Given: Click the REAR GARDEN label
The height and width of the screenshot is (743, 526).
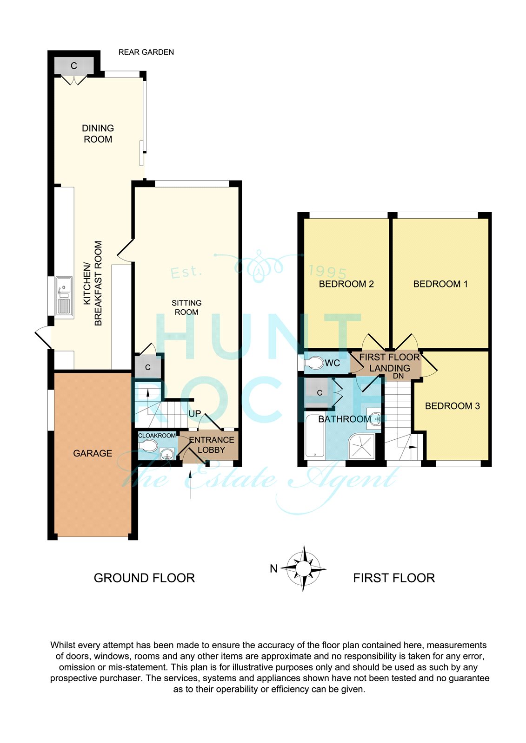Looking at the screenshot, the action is click(146, 52).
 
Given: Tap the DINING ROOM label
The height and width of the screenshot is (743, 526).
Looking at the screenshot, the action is click(98, 134).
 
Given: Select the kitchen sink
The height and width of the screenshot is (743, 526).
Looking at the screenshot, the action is click(64, 296).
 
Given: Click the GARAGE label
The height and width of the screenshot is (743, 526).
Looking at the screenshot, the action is click(93, 453).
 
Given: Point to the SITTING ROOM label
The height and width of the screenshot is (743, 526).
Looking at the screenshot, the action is click(186, 307).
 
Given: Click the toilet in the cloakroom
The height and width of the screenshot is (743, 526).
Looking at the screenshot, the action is click(148, 446).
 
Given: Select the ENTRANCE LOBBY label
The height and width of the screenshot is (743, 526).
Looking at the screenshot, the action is click(211, 445).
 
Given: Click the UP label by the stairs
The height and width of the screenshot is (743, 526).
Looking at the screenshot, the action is click(195, 414).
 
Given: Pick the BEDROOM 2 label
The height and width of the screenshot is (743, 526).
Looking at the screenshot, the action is click(346, 284).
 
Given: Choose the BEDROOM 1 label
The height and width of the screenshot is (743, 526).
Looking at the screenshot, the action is click(440, 284).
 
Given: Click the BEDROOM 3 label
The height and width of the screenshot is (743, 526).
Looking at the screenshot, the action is click(452, 406).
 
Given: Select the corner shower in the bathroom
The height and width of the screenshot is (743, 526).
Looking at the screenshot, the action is click(362, 446).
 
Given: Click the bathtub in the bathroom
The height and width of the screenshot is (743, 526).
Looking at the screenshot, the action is click(315, 436).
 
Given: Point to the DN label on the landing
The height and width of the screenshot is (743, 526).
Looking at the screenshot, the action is click(398, 376).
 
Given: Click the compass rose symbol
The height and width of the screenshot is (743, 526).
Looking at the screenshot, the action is click(303, 568).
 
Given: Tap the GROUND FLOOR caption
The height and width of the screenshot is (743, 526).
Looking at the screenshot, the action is click(144, 578).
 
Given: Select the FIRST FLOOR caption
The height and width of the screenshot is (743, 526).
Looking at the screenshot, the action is click(394, 578).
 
